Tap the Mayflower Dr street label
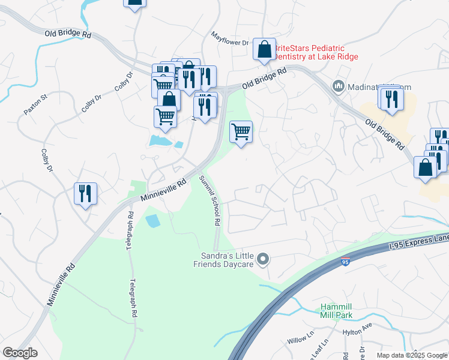click(229, 40)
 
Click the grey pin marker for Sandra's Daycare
click(262, 259)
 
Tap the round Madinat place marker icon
click(338, 87)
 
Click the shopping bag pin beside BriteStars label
click(264, 50)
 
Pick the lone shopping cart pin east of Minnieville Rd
click(241, 131)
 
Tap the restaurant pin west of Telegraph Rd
click(85, 193)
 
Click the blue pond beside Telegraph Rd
click(153, 220)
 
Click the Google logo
click(20, 352)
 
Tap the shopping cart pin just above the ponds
click(165, 116)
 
